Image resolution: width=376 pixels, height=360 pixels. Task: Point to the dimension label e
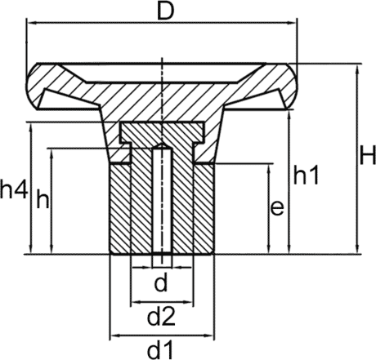[x=276, y=208]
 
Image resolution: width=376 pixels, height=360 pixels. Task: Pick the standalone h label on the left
[x=42, y=200]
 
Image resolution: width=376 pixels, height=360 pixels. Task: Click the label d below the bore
[x=161, y=283]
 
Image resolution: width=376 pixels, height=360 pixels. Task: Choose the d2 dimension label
[x=162, y=315]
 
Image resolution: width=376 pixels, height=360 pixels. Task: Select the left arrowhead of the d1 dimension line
[x=114, y=335]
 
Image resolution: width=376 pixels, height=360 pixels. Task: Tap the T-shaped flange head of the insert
[x=162, y=131]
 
